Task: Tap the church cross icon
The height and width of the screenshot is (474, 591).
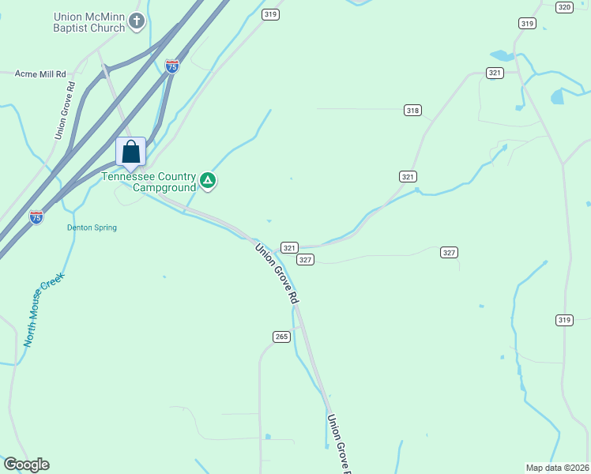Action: click(x=137, y=21)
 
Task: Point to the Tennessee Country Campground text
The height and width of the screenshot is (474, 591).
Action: click(x=149, y=182)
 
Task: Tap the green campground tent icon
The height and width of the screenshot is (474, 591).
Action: click(x=208, y=182)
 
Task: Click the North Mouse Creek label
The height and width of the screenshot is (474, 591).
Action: click(x=43, y=310)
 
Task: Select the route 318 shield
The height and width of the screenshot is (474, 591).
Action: click(x=412, y=111)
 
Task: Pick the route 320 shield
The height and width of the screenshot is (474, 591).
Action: click(x=563, y=7)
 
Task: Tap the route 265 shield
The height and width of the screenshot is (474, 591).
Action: click(x=281, y=337)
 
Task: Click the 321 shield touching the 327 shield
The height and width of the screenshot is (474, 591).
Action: click(x=290, y=247)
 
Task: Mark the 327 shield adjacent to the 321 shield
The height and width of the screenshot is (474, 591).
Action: click(x=306, y=259)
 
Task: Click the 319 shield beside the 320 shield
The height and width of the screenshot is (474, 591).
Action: click(x=527, y=24)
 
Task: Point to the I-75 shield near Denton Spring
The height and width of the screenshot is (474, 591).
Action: click(x=36, y=216)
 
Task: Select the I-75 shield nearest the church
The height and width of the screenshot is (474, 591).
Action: click(x=172, y=66)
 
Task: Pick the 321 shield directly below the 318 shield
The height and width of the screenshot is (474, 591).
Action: click(x=408, y=176)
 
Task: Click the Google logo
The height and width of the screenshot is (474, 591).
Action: click(x=26, y=465)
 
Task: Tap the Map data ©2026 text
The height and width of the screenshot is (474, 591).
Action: click(x=557, y=467)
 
